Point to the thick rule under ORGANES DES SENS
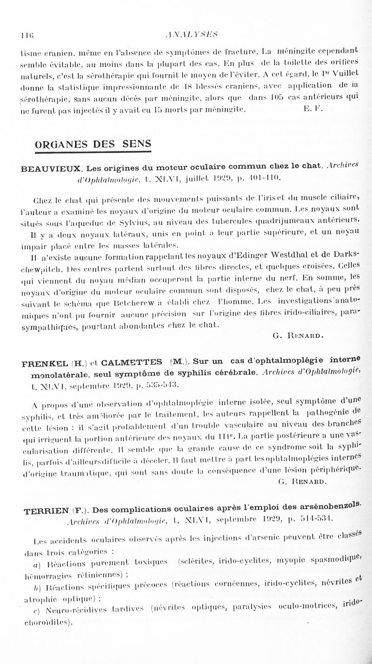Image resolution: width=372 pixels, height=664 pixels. click(93, 151)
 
